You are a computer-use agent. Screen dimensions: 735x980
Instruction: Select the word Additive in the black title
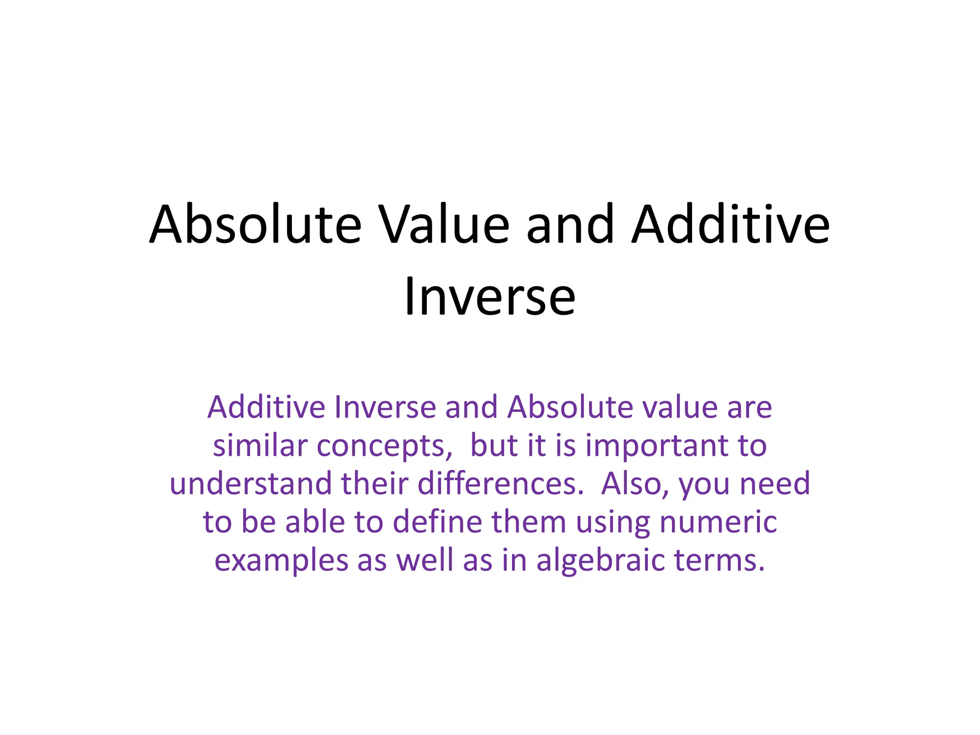coord(730,225)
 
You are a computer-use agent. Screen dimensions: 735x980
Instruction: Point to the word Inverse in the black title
coord(490,297)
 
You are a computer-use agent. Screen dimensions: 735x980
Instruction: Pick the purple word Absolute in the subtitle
coord(569,407)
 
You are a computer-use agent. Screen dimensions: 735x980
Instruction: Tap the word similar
coord(260,445)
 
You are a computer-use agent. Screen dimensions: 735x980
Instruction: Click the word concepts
coord(384,446)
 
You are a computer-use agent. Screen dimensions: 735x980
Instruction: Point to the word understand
coord(250,484)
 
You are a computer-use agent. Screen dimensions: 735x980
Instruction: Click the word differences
coord(501,484)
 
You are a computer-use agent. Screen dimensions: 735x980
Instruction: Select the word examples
coord(281,561)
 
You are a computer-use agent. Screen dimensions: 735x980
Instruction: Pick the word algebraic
coord(601,561)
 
